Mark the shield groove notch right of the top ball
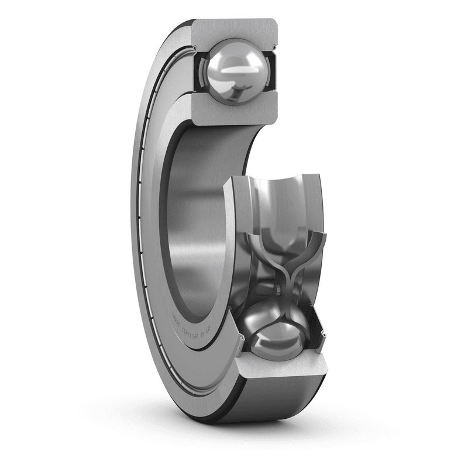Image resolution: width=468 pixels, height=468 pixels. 271,58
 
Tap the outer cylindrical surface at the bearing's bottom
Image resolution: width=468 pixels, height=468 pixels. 275,404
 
